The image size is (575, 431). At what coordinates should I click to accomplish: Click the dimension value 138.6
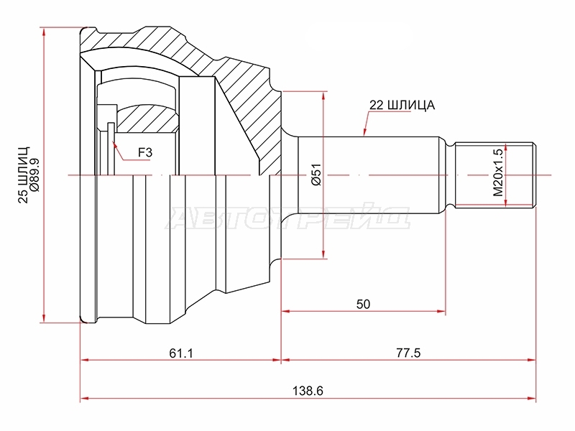click(x=308, y=391)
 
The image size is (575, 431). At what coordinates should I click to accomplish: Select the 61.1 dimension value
click(x=181, y=353)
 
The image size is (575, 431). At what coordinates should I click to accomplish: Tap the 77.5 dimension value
click(x=408, y=353)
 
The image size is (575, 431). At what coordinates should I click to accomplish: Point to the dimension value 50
click(x=363, y=304)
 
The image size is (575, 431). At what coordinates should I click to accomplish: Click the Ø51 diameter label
click(x=316, y=174)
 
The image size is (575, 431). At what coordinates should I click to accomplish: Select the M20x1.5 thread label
click(x=497, y=172)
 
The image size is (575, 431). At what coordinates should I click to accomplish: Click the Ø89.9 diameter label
click(x=34, y=175)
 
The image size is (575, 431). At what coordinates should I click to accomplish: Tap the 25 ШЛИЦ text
click(x=24, y=175)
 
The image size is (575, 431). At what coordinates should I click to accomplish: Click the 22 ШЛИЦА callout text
click(x=402, y=105)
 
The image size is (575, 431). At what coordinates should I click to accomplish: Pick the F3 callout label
click(x=145, y=152)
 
